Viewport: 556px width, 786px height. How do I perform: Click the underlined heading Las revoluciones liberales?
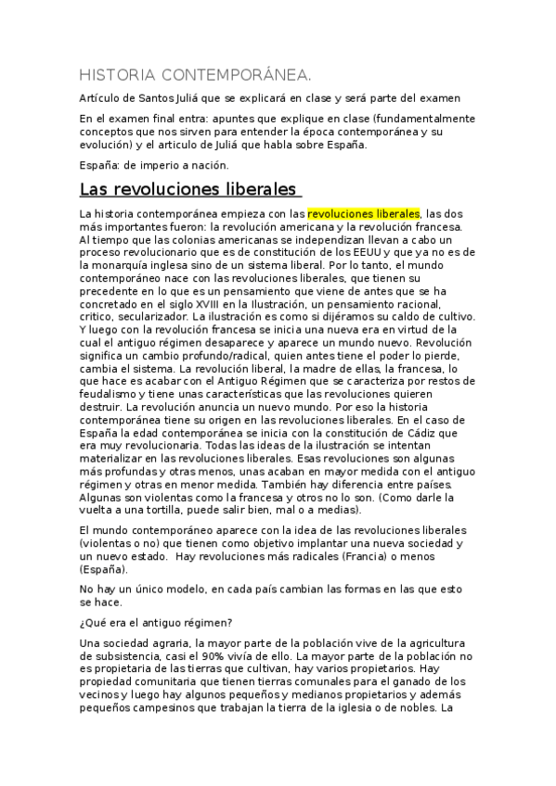(189, 190)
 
